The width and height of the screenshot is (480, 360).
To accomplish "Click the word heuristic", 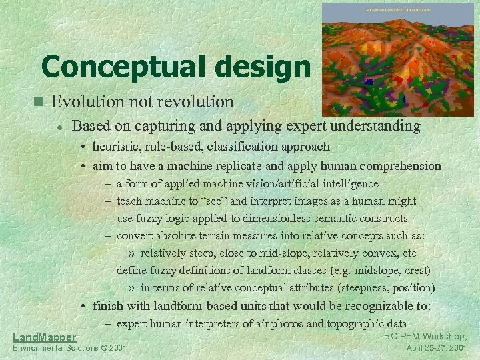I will click(116, 146).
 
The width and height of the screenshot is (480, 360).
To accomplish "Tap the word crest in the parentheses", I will click(416, 271).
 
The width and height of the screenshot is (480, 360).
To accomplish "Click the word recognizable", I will click(381, 306).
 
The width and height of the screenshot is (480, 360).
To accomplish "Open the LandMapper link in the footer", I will click(44, 338).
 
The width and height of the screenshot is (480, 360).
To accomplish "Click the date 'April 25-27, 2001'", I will click(437, 348).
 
